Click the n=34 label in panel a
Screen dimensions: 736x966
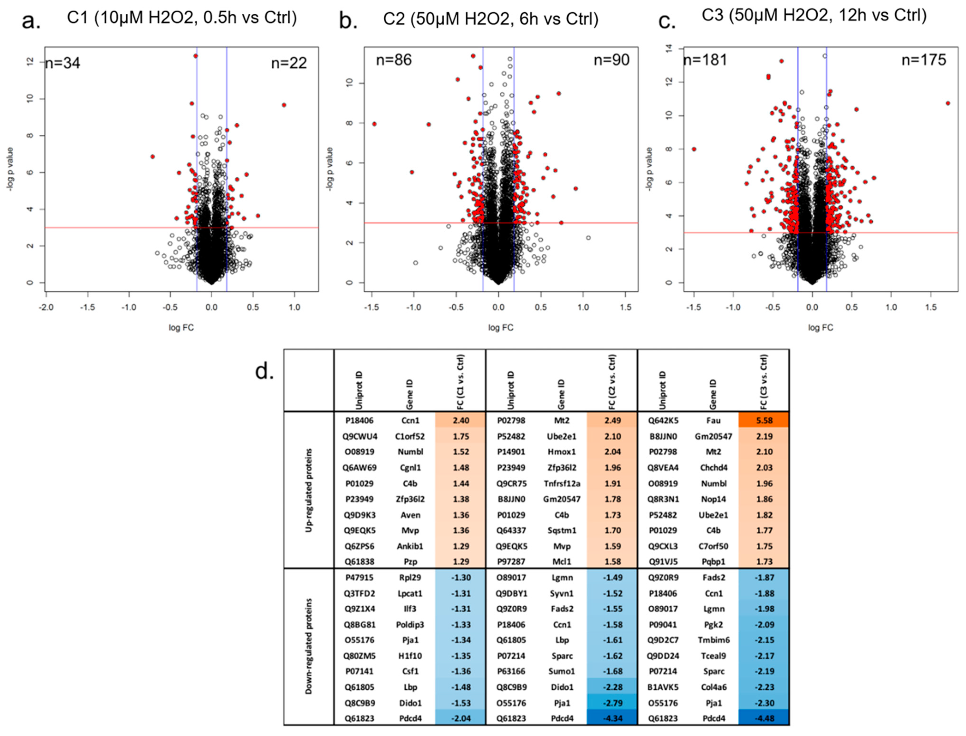pos(63,63)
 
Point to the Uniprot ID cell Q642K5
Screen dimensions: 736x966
pos(663,420)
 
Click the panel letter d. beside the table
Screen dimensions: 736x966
pos(264,371)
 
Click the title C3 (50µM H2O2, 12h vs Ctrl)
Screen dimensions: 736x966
pos(814,16)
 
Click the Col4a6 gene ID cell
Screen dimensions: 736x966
pos(713,687)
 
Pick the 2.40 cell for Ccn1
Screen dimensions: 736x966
pos(461,420)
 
